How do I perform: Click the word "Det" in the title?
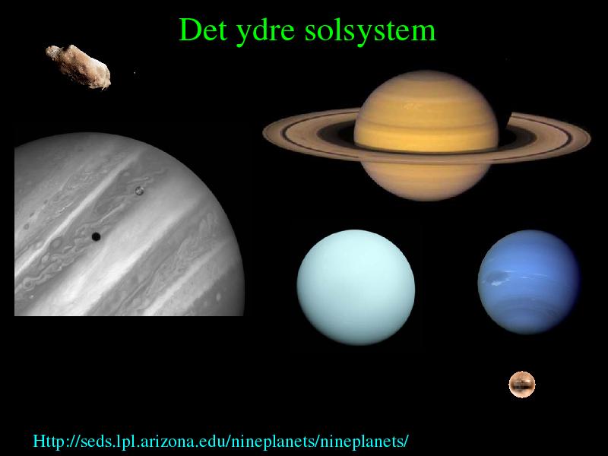[202, 30]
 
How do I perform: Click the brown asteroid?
[78, 66]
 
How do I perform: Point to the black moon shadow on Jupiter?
[96, 236]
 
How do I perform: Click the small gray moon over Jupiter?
[139, 191]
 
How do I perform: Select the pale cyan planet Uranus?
[356, 287]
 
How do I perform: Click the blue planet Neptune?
[529, 282]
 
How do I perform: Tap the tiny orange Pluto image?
[522, 385]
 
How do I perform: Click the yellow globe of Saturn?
[426, 136]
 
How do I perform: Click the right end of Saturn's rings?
[590, 138]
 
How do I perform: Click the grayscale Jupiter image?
[129, 224]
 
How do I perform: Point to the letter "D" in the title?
[187, 30]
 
